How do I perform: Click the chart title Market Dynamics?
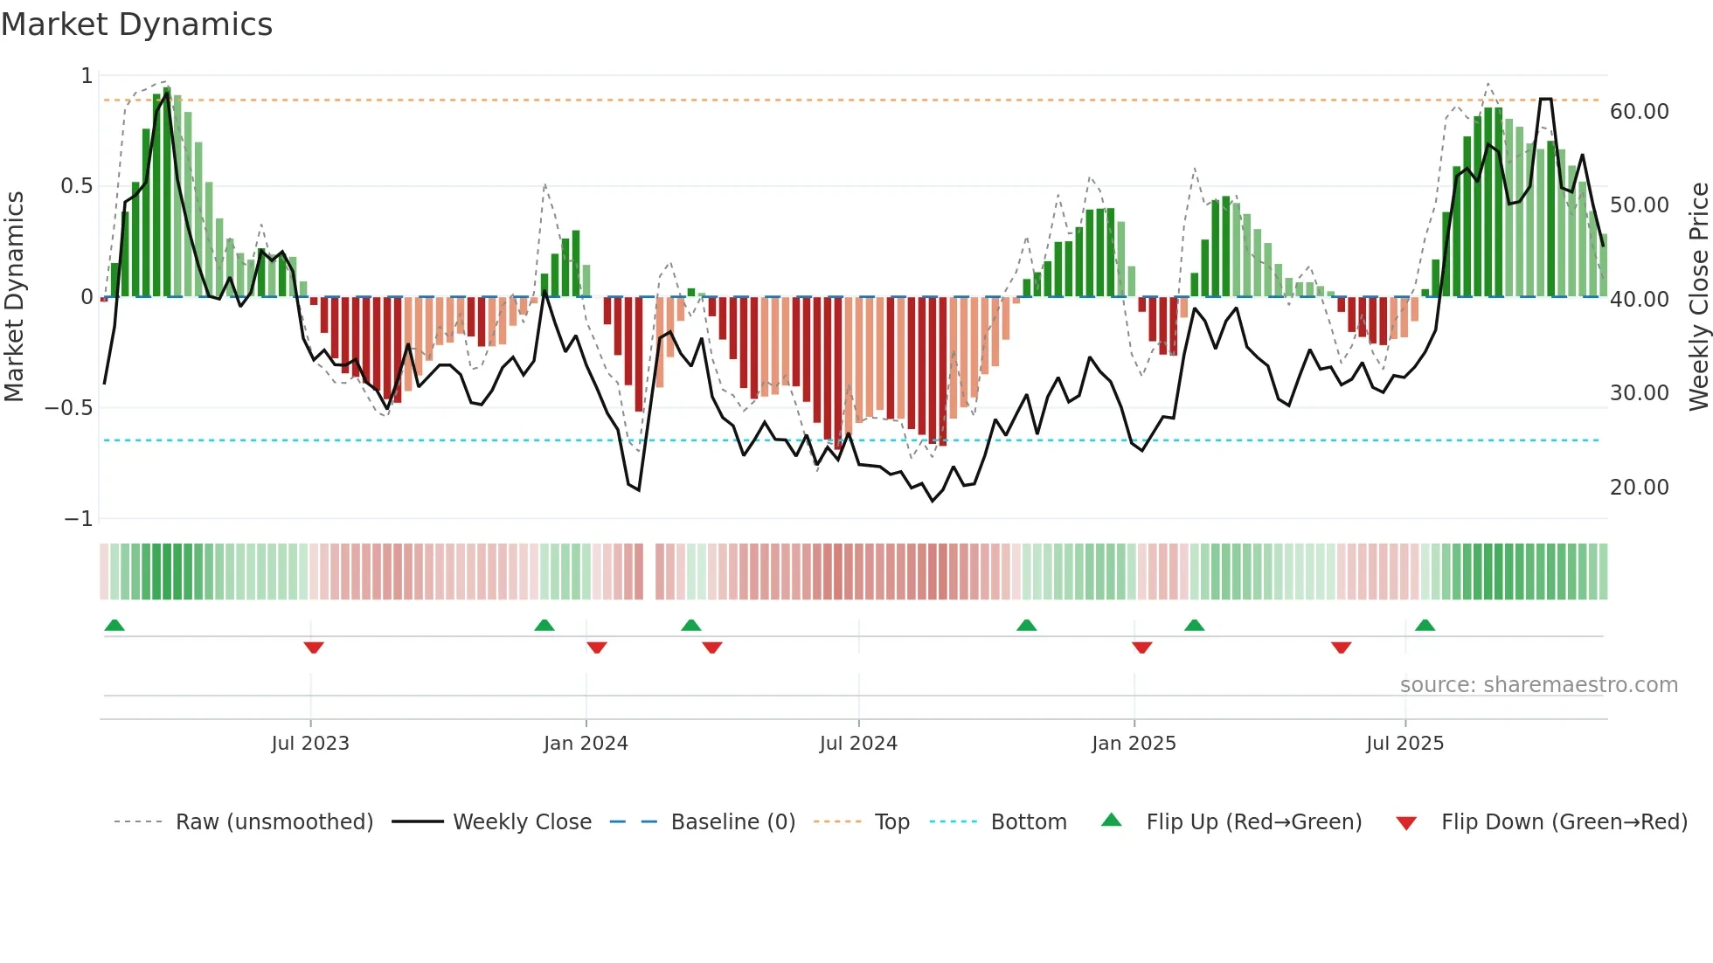click(136, 24)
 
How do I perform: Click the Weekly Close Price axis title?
click(1698, 296)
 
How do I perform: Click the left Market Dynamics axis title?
click(14, 296)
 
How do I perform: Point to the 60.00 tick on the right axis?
click(1639, 112)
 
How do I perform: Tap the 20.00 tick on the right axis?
click(1639, 488)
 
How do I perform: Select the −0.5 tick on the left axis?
click(68, 408)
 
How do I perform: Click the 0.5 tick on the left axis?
click(76, 186)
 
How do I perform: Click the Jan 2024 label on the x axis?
click(586, 744)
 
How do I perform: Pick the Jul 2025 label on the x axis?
click(1404, 744)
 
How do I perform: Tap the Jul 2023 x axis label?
click(310, 744)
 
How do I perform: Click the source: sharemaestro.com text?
click(1538, 685)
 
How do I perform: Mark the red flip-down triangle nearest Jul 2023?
click(314, 648)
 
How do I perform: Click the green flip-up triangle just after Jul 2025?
click(1425, 625)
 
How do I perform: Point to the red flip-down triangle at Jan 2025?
click(1141, 648)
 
